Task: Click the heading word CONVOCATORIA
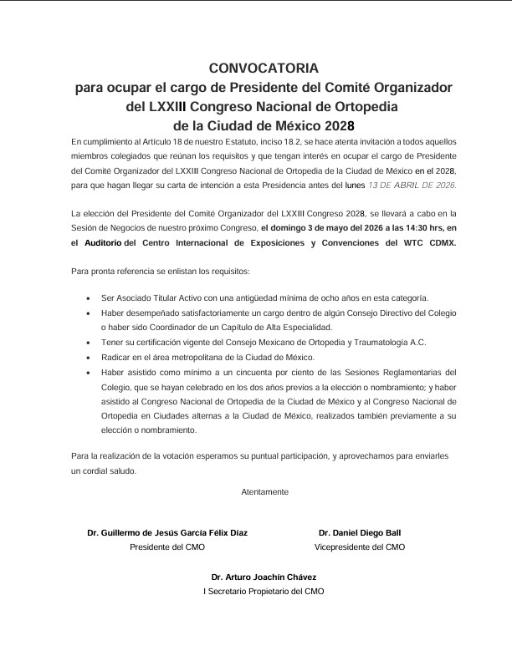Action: point(264,69)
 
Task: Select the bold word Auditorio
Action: point(100,242)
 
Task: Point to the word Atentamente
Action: point(264,492)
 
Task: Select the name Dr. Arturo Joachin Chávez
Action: point(264,577)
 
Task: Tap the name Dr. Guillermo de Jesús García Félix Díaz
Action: point(167,532)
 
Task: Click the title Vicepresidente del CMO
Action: point(360,547)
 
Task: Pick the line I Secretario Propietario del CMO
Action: point(264,592)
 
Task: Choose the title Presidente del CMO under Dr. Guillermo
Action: point(167,547)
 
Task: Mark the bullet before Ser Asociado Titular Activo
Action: point(89,297)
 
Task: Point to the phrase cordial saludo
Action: point(111,470)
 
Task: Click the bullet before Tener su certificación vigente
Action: point(89,342)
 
